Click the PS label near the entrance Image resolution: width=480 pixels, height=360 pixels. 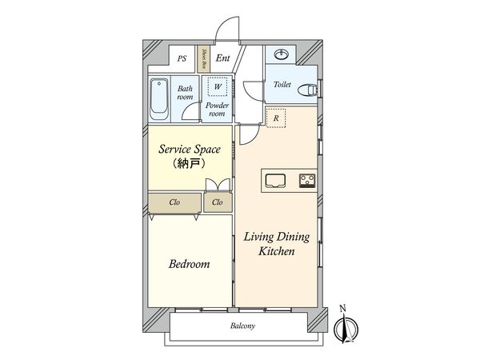(x=182, y=58)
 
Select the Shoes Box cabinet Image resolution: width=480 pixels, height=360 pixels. (x=204, y=58)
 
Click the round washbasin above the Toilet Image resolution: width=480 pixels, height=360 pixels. (x=282, y=55)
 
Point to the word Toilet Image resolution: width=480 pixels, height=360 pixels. (x=282, y=84)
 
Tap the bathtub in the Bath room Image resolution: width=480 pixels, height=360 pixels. (x=158, y=97)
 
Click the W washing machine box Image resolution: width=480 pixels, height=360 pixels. (x=215, y=86)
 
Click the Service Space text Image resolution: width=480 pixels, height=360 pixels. (x=186, y=149)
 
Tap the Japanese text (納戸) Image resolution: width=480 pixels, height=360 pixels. (x=186, y=165)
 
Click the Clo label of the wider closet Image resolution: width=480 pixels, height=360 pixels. (x=174, y=203)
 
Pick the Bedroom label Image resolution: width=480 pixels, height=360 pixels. (x=190, y=264)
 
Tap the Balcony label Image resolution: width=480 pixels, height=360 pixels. (x=242, y=326)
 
